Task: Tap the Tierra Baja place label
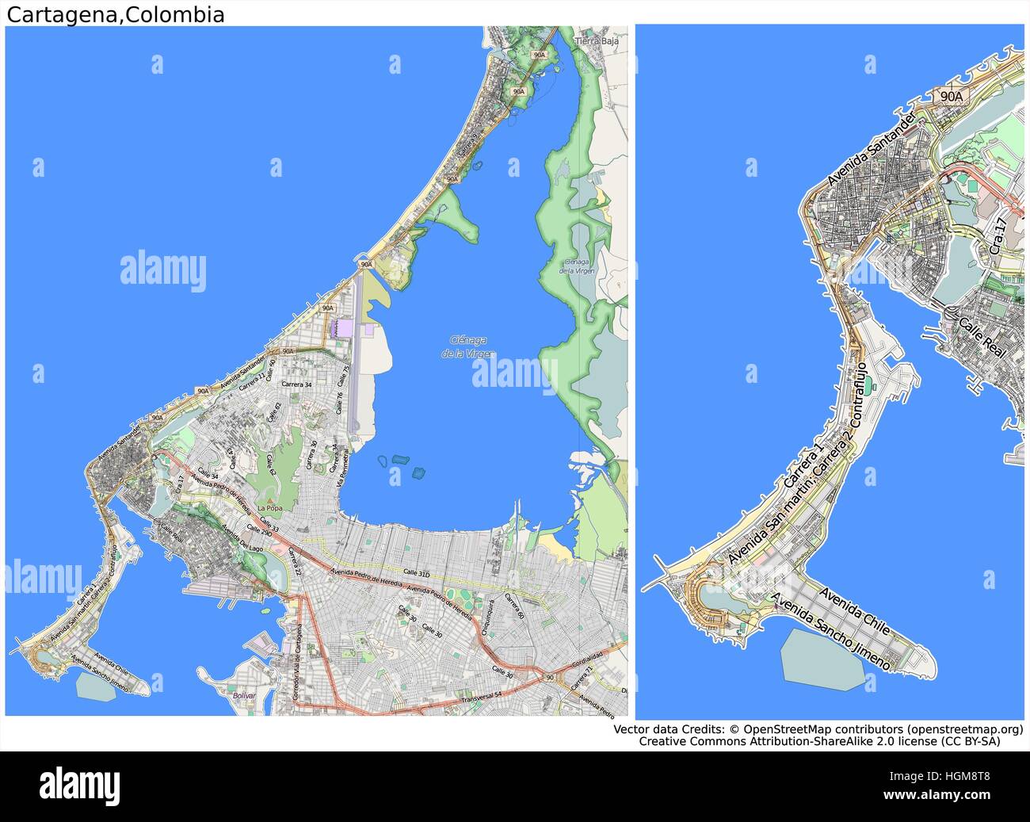click(x=597, y=40)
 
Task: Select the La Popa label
click(x=269, y=507)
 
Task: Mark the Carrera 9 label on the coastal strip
click(x=468, y=143)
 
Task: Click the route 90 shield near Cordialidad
click(x=550, y=676)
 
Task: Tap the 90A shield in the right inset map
click(x=951, y=96)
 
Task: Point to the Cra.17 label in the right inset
click(x=1000, y=236)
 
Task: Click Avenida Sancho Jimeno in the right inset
click(x=830, y=632)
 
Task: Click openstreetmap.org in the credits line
click(x=965, y=728)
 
